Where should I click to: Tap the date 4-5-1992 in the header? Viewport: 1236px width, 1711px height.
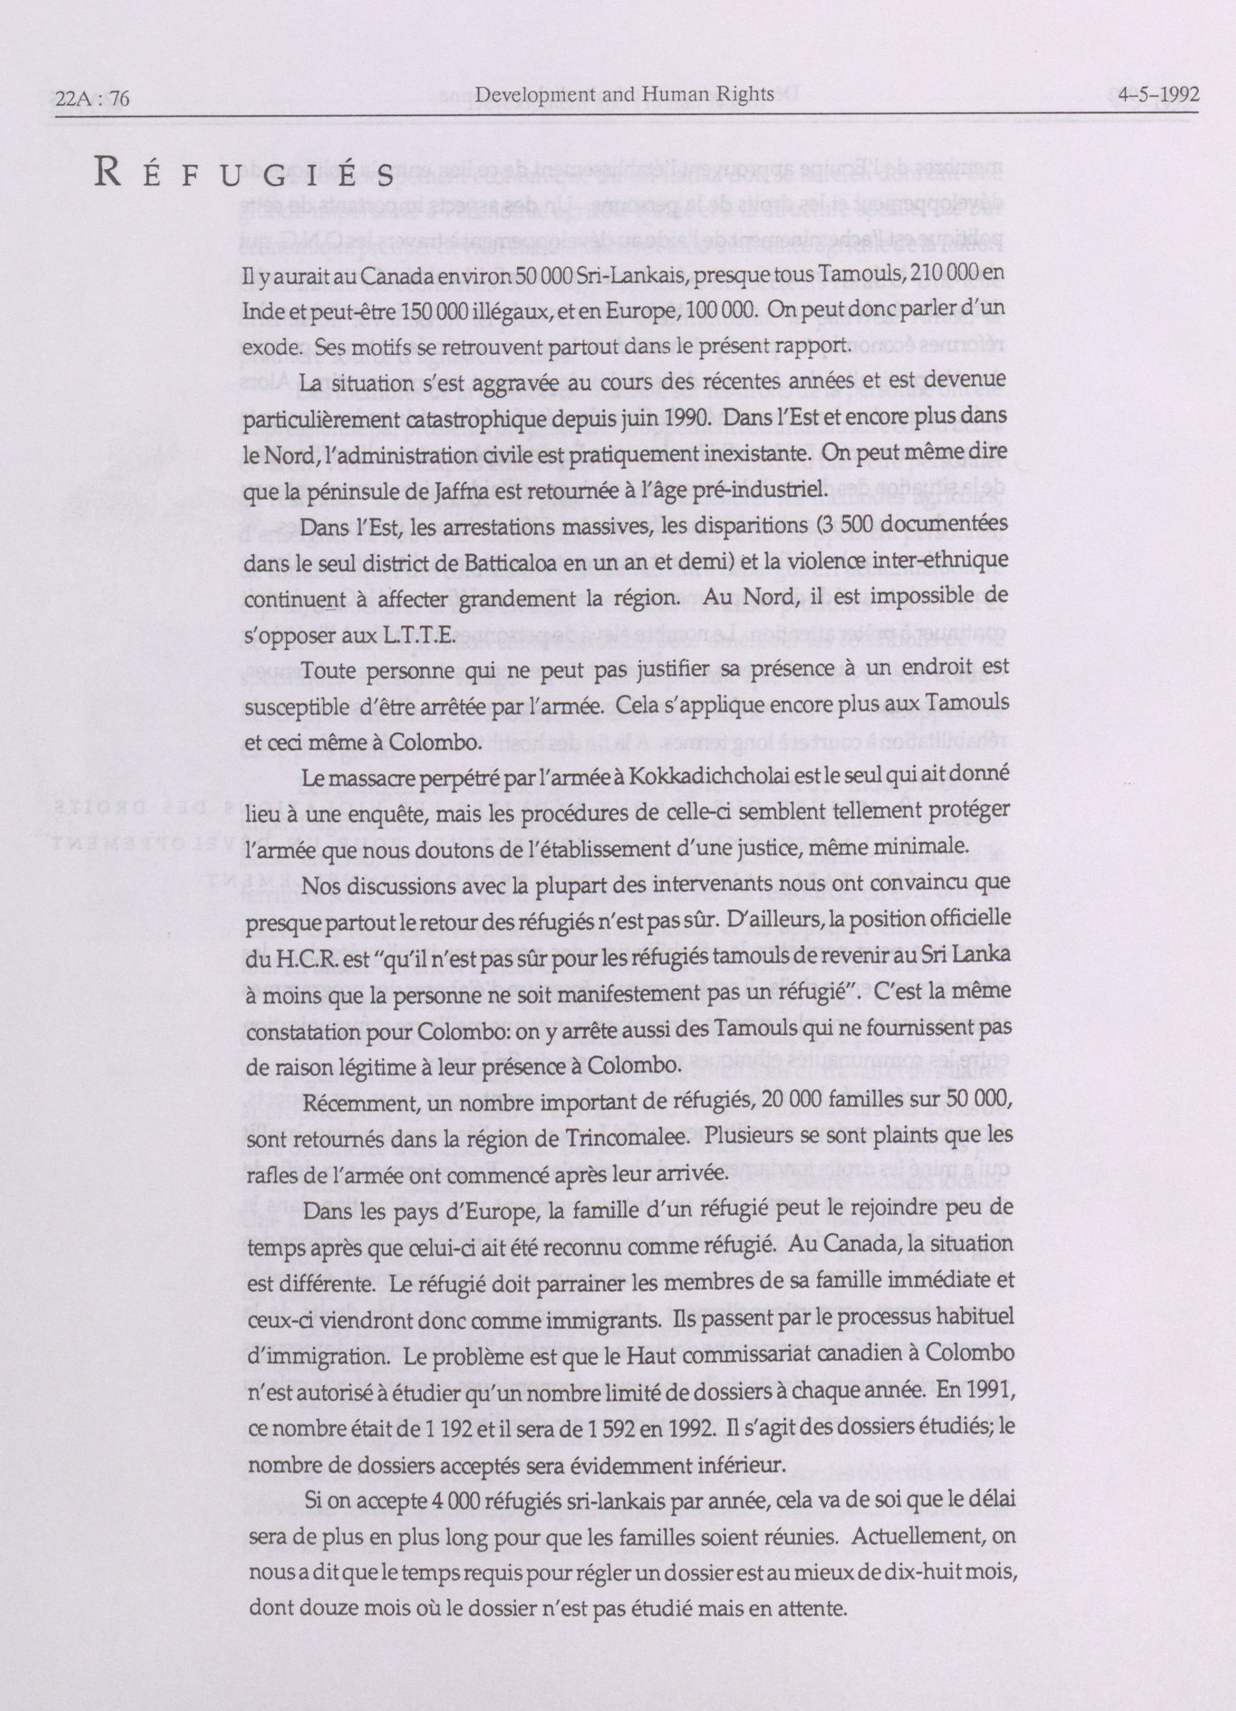tap(1159, 96)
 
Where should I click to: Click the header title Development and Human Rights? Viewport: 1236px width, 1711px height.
tap(625, 94)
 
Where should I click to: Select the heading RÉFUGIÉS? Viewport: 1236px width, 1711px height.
tap(244, 175)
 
